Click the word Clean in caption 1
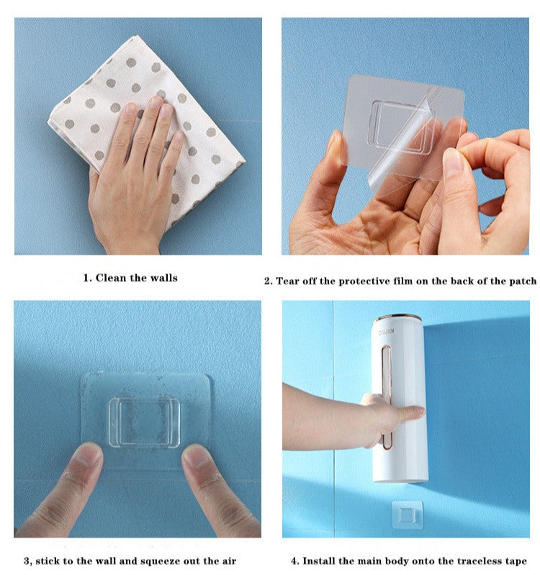coord(110,278)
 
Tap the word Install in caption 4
coord(319,561)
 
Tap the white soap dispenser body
coord(400,399)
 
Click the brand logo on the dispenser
coord(387,332)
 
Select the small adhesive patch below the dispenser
coord(408,515)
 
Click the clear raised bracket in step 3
coord(144,423)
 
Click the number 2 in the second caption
coord(267,281)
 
